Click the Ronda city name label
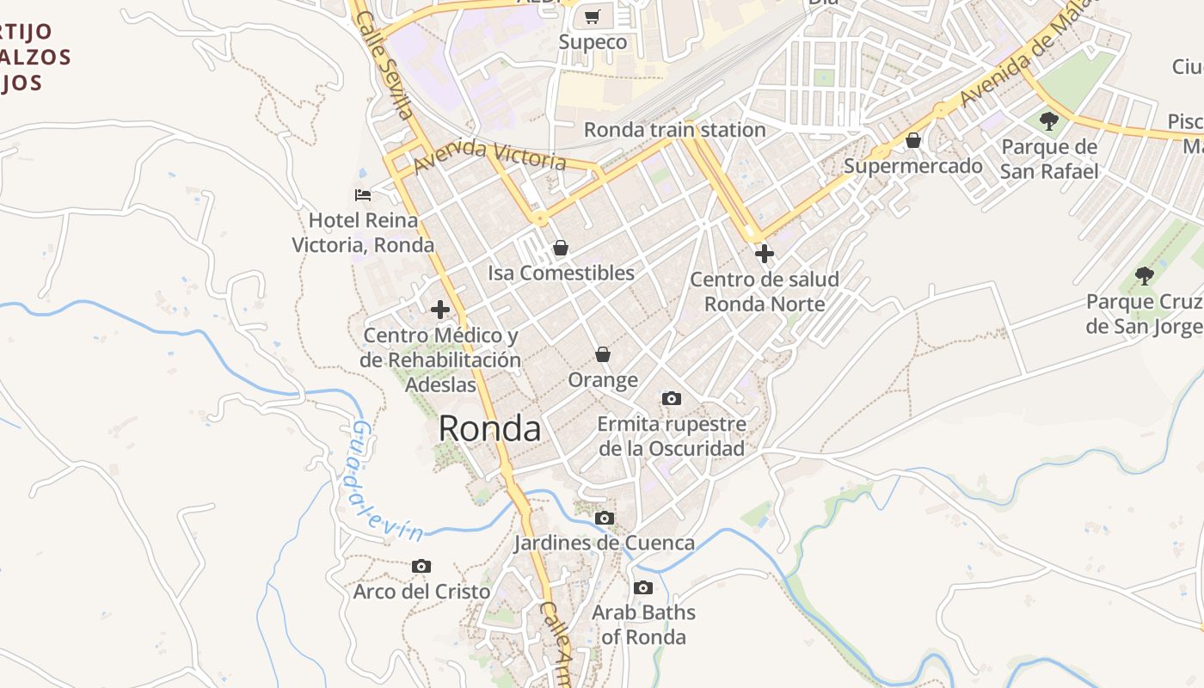coord(490,428)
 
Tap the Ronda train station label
coord(674,130)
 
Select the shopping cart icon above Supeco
coord(593,16)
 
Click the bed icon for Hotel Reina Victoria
coord(363,195)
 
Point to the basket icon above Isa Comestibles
coord(561,249)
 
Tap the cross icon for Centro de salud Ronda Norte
coord(764,254)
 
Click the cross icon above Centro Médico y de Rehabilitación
coord(440,310)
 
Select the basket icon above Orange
coord(603,354)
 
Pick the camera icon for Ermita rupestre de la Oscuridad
coord(672,398)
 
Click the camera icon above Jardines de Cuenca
coord(605,518)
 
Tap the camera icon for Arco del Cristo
coord(421,566)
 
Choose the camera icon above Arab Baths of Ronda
coord(643,588)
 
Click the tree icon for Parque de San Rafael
coord(1048,120)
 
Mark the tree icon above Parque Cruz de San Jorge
coord(1144,276)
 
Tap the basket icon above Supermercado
coord(913,140)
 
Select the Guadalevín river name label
coord(384,482)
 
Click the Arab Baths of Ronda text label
coord(643,625)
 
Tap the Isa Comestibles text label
coord(561,273)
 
